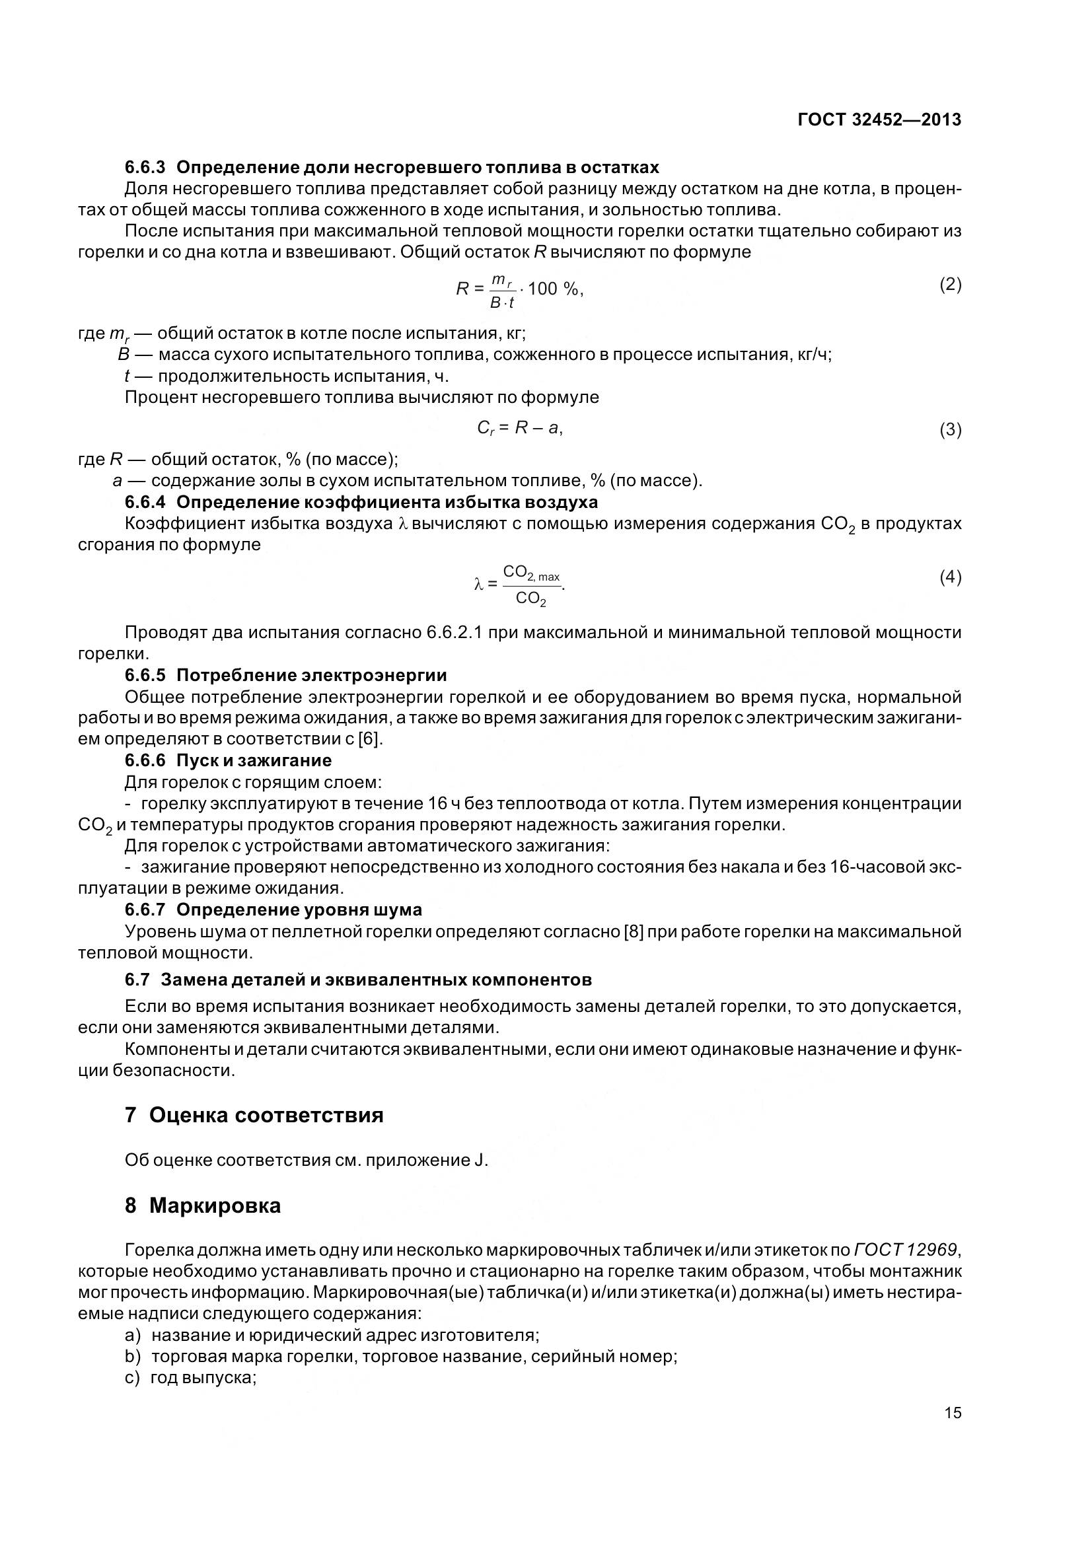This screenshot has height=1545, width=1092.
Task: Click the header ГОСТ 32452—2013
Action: point(879,120)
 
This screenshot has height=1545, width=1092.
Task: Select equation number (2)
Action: point(950,285)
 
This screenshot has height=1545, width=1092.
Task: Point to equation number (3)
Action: point(950,429)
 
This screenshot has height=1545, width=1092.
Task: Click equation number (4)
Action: point(950,577)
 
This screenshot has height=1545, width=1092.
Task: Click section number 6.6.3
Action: point(145,167)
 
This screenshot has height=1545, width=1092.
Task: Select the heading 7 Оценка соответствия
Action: point(254,1116)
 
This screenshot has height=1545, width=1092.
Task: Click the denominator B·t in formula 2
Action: point(502,303)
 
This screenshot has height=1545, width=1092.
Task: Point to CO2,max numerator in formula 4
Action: point(531,573)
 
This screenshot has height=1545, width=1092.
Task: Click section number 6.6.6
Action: point(145,760)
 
